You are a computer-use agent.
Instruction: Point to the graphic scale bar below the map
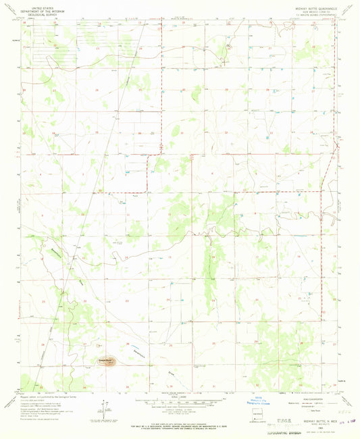pyautogui.click(x=178, y=403)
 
